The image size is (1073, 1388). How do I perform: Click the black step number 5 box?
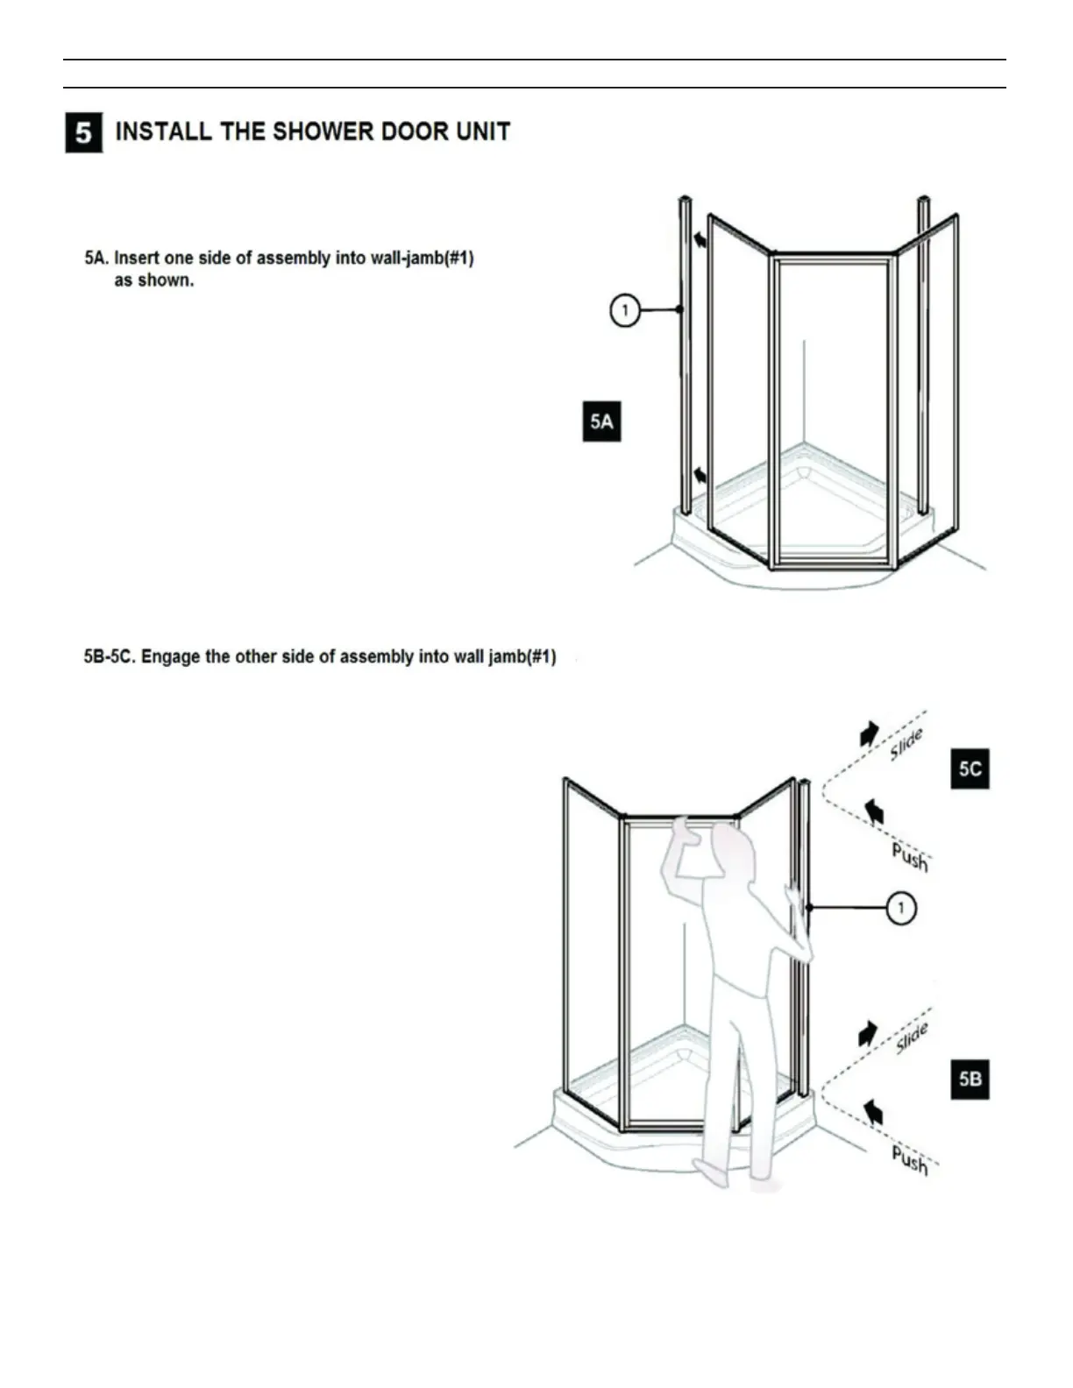[x=83, y=133]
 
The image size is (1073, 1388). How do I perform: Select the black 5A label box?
[x=601, y=421]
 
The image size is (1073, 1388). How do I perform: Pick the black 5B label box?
[x=970, y=1079]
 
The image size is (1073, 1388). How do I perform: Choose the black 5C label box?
[x=970, y=768]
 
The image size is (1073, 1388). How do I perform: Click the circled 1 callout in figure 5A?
[x=624, y=310]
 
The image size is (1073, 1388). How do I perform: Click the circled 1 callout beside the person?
[x=901, y=908]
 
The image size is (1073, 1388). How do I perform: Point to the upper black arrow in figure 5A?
[x=700, y=238]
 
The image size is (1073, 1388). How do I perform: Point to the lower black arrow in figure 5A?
[x=700, y=476]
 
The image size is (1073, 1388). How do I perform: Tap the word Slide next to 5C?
[x=906, y=744]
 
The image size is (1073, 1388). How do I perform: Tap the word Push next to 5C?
[x=910, y=856]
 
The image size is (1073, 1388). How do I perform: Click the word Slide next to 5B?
[x=912, y=1038]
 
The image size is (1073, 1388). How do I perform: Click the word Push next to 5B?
[x=910, y=1159]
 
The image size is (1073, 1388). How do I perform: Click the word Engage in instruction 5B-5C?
[x=170, y=656]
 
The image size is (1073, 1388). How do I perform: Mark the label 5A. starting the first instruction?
[x=96, y=258]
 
